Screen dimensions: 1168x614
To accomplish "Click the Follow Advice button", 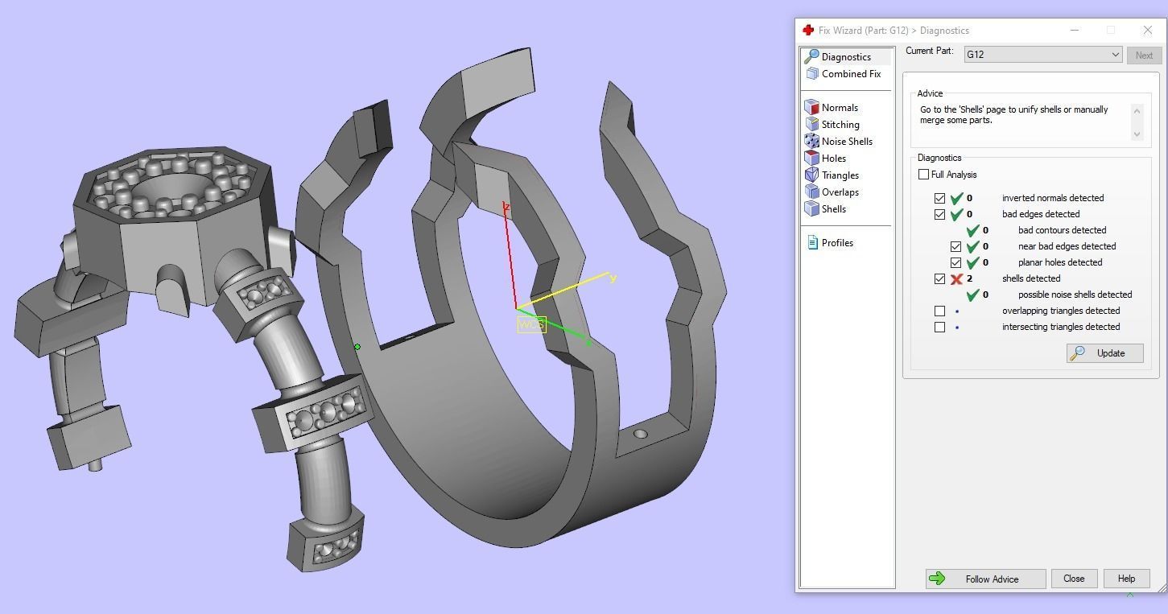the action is tap(985, 579).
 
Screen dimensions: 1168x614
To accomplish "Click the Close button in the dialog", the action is tap(1073, 579).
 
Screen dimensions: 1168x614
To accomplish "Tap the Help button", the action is tap(1125, 579).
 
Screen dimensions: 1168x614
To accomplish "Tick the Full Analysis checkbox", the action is tap(923, 175).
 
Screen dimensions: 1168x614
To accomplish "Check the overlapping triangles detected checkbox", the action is tap(939, 311).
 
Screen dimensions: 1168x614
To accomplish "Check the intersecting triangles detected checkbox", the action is tap(939, 327).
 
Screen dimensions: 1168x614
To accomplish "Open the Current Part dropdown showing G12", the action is tap(1042, 55).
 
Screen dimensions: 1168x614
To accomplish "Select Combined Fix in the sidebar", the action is tap(850, 74).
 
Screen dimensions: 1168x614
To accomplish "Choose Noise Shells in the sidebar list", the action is tap(846, 142).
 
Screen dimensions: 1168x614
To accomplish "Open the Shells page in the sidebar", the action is tap(833, 209).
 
